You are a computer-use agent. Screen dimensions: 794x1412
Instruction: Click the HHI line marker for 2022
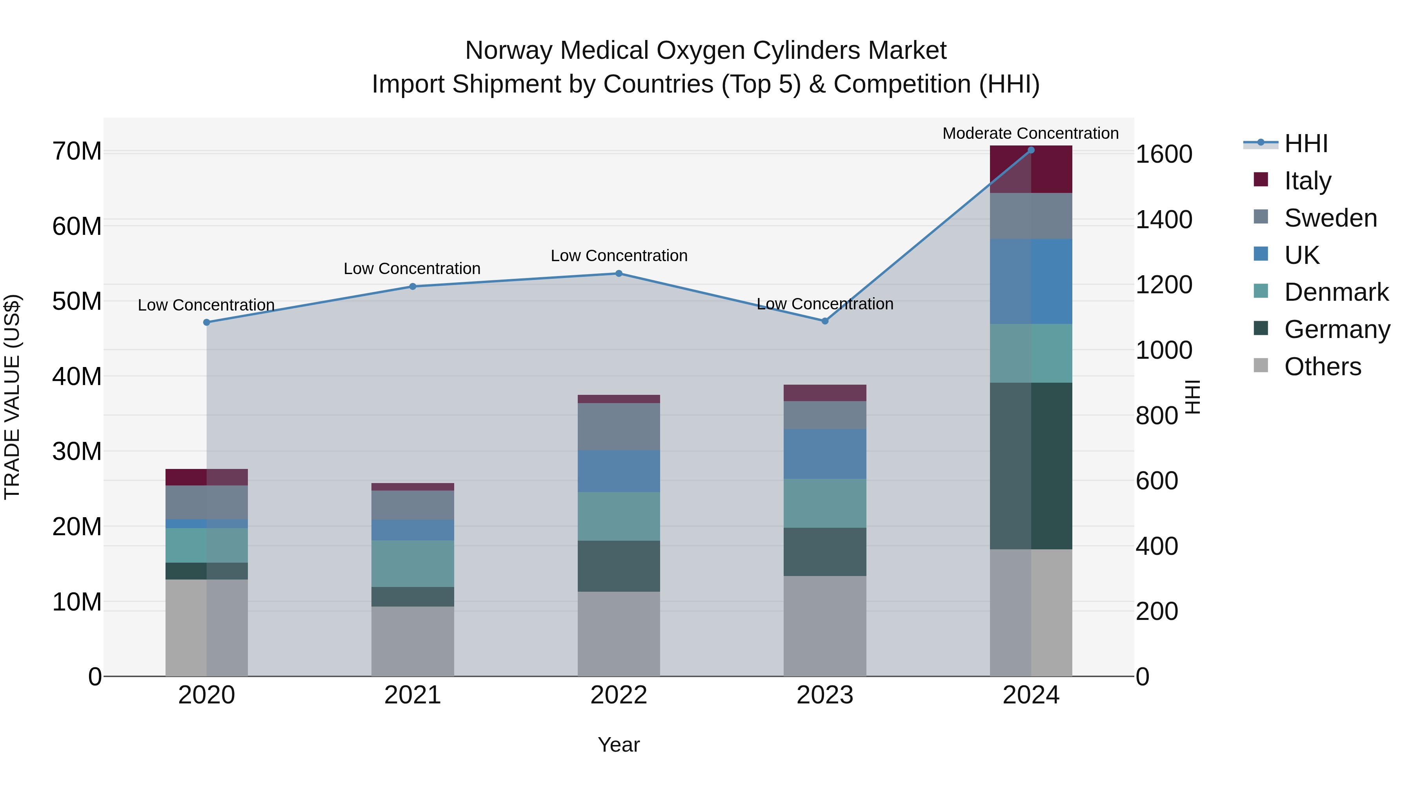(x=619, y=273)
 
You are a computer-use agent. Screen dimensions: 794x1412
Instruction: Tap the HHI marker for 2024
(x=1031, y=150)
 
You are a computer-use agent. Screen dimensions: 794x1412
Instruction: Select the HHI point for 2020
(x=207, y=322)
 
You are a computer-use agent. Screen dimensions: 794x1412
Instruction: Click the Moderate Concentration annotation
(x=1030, y=133)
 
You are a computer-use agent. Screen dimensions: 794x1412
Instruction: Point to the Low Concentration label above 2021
(x=412, y=269)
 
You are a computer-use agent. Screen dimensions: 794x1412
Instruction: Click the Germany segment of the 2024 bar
(x=1031, y=466)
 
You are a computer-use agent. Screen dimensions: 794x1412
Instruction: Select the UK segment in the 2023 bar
(x=825, y=454)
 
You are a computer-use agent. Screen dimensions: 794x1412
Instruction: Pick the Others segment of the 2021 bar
(x=413, y=641)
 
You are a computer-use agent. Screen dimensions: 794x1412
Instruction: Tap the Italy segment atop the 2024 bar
(x=1031, y=169)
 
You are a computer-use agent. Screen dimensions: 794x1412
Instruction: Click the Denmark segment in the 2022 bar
(x=619, y=516)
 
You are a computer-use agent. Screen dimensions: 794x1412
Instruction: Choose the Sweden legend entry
(x=1330, y=218)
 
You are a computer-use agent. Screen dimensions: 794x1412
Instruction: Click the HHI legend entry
(x=1306, y=144)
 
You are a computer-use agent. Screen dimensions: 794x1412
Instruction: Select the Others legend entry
(x=1322, y=367)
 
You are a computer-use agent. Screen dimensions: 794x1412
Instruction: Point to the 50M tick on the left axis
(x=77, y=302)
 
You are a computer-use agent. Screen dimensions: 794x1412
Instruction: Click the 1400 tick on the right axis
(x=1164, y=220)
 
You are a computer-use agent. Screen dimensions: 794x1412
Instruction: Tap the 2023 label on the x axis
(x=825, y=695)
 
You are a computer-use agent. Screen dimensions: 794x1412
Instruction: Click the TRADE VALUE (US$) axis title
(x=12, y=397)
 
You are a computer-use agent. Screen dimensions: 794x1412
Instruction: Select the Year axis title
(x=619, y=745)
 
